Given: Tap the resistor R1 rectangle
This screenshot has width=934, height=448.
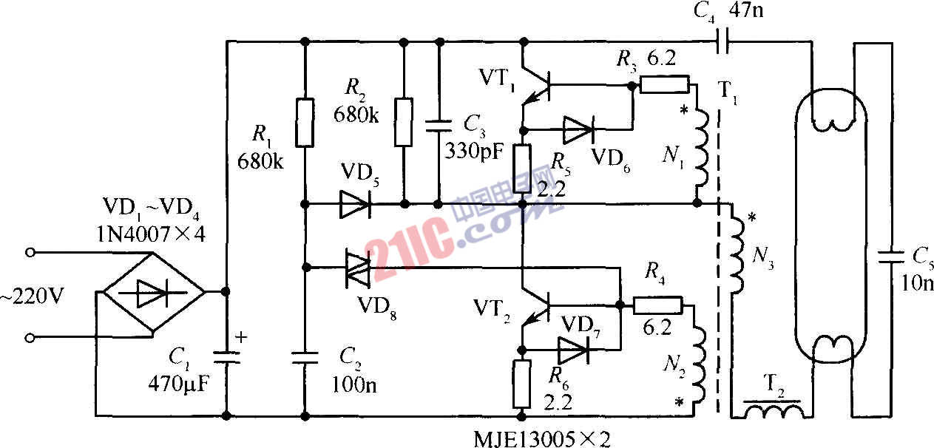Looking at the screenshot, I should click(x=304, y=123).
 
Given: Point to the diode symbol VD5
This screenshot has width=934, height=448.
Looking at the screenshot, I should click(x=353, y=204).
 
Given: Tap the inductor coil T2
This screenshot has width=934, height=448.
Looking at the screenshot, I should click(x=772, y=410).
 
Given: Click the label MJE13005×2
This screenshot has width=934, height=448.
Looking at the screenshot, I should click(x=542, y=439).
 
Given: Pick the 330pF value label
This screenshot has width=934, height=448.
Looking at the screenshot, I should click(x=474, y=152).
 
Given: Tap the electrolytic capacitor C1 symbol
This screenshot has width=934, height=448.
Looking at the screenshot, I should click(x=226, y=358).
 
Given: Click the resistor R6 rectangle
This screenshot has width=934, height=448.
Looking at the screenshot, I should click(x=522, y=384).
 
